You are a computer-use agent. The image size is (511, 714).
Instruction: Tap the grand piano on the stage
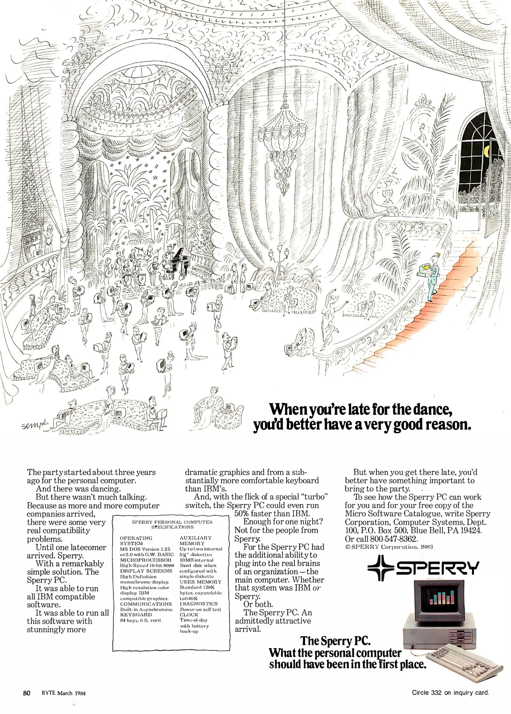179,259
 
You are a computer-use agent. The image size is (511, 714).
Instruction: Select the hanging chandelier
284,145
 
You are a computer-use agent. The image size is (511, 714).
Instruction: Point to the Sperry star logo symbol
380,568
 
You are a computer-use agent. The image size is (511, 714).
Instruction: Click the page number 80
27,693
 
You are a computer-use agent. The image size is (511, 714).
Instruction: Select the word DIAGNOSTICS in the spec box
199,604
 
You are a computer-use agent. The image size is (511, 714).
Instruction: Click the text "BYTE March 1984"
63,693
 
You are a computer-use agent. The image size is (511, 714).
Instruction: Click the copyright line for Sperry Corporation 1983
389,547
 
